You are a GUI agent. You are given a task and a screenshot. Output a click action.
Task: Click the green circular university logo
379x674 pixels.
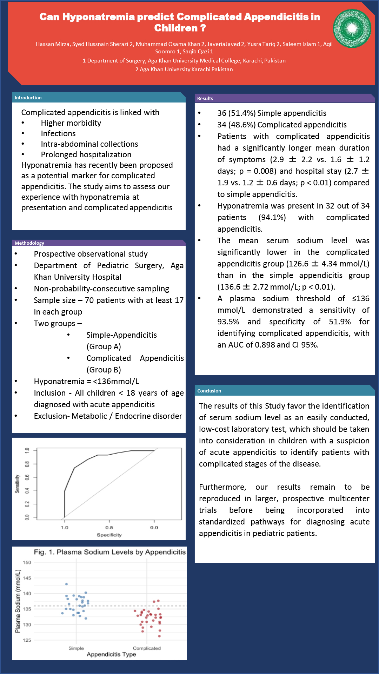(x=352, y=28)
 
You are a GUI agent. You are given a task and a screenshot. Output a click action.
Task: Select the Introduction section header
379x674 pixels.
(x=28, y=98)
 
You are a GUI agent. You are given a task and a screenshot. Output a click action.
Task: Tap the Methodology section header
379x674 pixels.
(x=29, y=243)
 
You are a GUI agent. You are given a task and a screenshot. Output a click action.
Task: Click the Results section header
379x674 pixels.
(x=205, y=98)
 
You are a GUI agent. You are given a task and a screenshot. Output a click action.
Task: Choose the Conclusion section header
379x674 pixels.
(x=209, y=391)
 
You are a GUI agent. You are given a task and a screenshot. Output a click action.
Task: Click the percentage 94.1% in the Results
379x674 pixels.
(x=272, y=217)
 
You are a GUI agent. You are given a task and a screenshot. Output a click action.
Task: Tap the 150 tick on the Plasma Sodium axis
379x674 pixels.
(x=27, y=562)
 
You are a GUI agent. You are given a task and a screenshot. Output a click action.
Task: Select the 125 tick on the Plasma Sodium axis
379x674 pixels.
(x=27, y=640)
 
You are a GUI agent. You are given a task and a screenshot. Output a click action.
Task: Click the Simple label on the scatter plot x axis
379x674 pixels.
(x=76, y=648)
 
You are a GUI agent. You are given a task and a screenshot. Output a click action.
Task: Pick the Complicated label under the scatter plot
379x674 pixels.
(x=147, y=648)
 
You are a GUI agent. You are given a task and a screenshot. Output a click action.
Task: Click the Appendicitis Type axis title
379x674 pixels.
(x=111, y=654)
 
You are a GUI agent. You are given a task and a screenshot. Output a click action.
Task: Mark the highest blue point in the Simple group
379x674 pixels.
(x=66, y=584)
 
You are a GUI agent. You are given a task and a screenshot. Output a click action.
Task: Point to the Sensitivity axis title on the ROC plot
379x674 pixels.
(x=17, y=484)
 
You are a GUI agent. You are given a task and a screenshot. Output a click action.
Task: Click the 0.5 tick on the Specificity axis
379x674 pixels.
(x=109, y=527)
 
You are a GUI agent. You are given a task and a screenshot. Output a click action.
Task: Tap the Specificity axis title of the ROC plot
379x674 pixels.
(x=109, y=535)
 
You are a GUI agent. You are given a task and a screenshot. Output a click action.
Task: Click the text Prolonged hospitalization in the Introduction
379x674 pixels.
(x=86, y=154)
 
